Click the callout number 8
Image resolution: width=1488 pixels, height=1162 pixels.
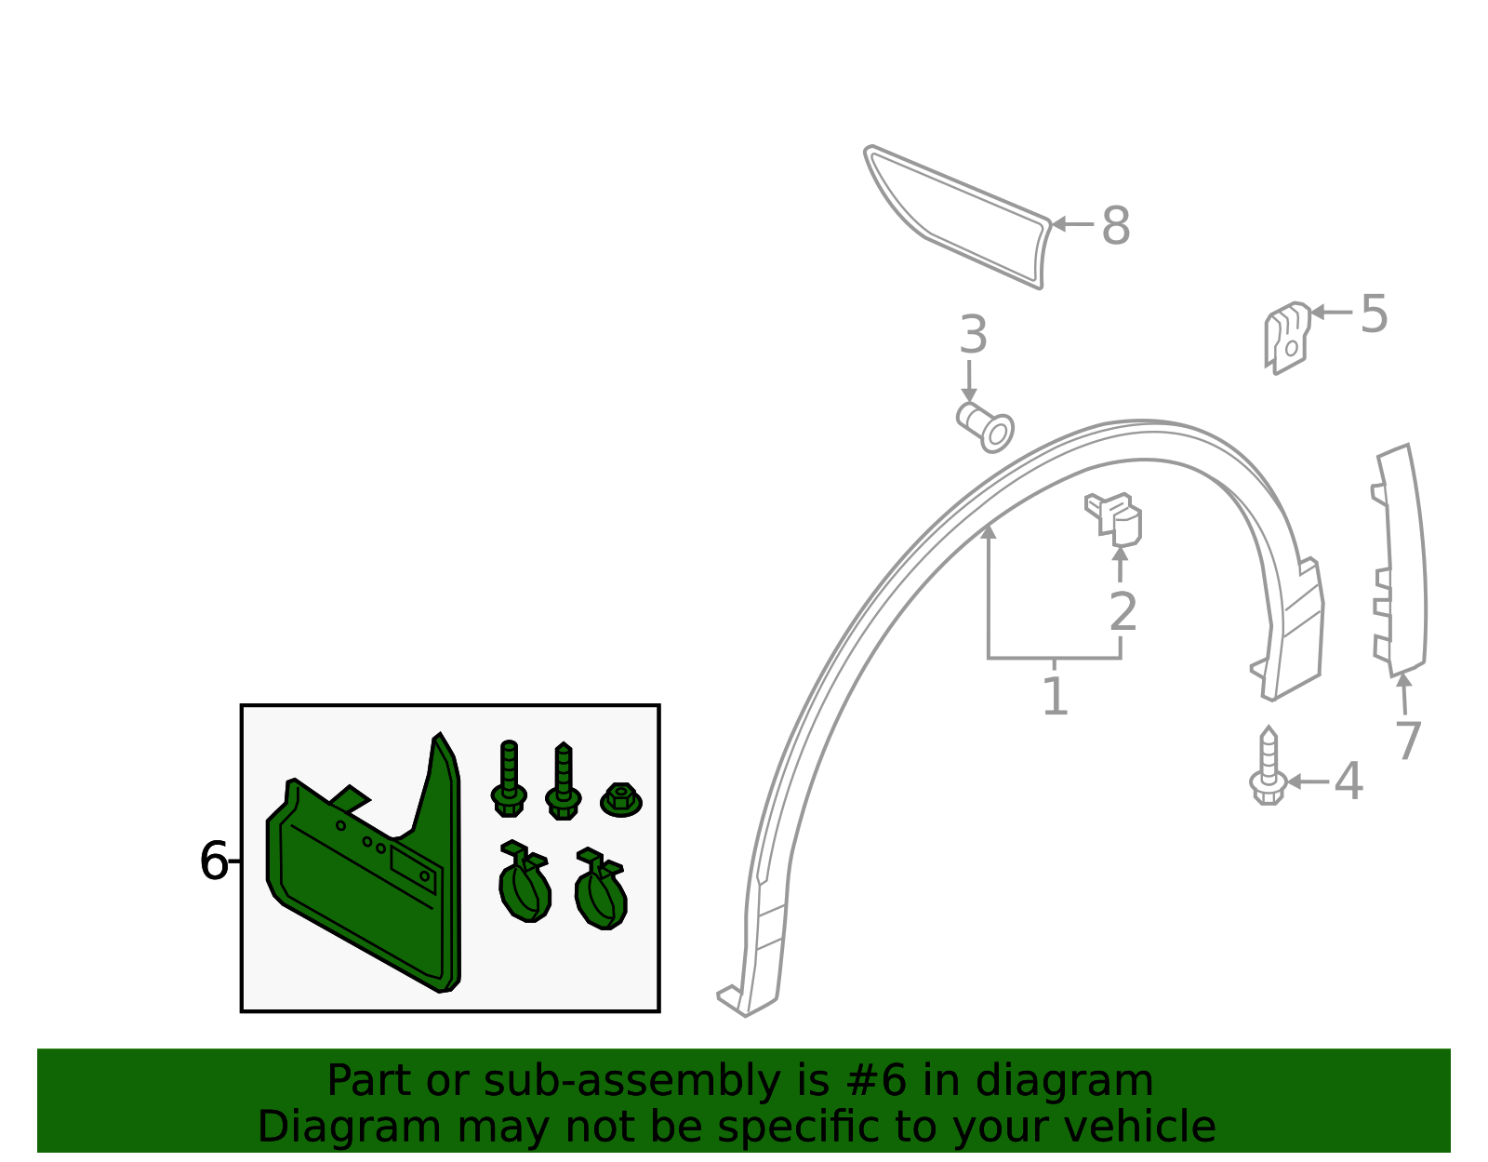click(x=1115, y=225)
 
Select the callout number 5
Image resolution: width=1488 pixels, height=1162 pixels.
click(x=1374, y=314)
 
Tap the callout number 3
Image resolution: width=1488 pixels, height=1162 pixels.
click(x=973, y=335)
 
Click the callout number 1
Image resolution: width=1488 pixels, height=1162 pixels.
click(x=1055, y=697)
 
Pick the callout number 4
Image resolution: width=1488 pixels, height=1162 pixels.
click(x=1348, y=781)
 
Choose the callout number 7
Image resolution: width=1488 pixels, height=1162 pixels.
click(x=1409, y=741)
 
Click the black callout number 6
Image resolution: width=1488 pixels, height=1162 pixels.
click(x=214, y=861)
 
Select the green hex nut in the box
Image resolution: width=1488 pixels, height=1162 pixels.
click(x=620, y=800)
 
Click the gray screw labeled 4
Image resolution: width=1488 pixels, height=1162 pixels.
click(x=1269, y=767)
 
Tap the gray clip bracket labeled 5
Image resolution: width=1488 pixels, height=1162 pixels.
click(x=1287, y=338)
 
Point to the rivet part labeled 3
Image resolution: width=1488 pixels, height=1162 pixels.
click(x=986, y=428)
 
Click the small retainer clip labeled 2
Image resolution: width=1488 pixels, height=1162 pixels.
click(x=1114, y=520)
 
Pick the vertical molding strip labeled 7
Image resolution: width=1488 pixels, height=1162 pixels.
click(x=1399, y=561)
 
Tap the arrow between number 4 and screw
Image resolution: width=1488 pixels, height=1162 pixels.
click(x=1308, y=781)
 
